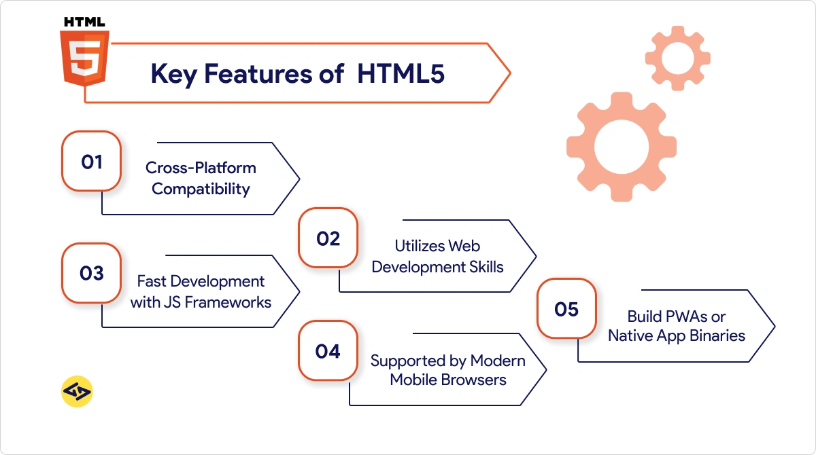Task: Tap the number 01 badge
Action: coord(91,162)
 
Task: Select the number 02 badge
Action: coord(328,239)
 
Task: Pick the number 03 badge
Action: coord(91,274)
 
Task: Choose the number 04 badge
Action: coord(327,351)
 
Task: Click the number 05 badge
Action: coord(566,310)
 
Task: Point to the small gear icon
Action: coord(677,58)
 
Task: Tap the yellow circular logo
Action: coord(77,391)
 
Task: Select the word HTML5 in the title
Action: coord(401,74)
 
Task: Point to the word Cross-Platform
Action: coord(201,168)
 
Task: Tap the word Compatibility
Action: coord(201,189)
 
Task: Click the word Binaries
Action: coord(716,335)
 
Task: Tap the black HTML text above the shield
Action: coord(84,22)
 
